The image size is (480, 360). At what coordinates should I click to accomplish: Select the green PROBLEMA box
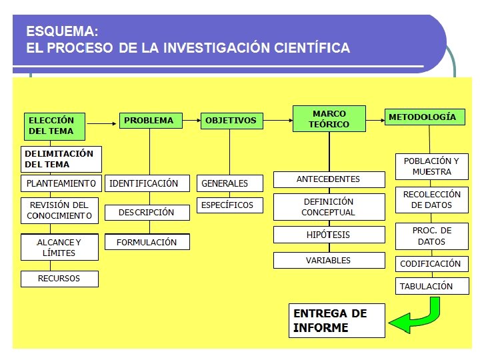(x=149, y=121)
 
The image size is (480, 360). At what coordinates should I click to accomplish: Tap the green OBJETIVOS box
(x=230, y=121)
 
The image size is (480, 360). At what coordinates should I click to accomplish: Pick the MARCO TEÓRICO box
(x=329, y=119)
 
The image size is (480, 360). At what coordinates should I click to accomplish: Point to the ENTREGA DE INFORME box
(x=337, y=321)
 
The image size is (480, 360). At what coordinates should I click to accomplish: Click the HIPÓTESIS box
(x=329, y=235)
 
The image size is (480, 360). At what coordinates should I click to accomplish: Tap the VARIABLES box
(x=329, y=260)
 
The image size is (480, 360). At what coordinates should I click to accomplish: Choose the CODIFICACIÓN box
(x=431, y=263)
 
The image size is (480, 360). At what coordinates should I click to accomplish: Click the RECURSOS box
(x=59, y=279)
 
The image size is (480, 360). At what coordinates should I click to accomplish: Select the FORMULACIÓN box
(x=147, y=242)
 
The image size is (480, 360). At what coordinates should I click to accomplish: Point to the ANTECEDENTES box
(x=329, y=179)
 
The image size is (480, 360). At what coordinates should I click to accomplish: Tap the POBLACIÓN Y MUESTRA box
(x=431, y=167)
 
